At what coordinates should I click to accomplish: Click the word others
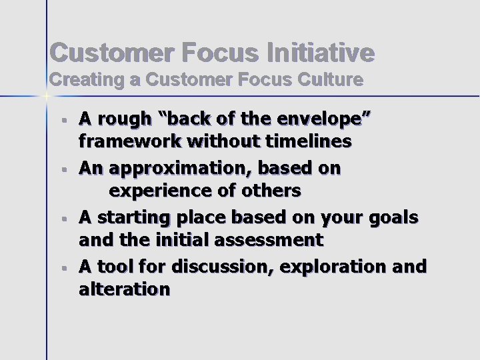click(271, 191)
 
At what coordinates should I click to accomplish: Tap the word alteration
click(125, 289)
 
